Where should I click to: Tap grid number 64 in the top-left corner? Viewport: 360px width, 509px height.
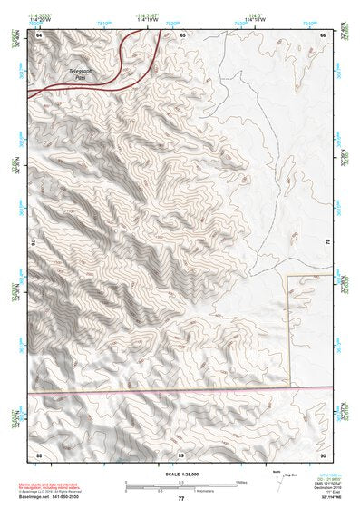coord(39,35)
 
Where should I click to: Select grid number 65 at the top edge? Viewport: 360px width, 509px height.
coord(182,35)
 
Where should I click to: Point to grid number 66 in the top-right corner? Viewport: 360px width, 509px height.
coord(323,35)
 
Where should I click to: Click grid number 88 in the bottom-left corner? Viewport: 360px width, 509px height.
coord(39,454)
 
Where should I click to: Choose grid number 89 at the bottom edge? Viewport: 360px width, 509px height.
coord(181,454)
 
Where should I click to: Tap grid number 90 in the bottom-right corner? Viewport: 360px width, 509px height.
coord(323,454)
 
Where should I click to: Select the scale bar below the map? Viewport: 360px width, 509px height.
coord(180,485)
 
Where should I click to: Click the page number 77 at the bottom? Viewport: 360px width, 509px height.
coord(180,499)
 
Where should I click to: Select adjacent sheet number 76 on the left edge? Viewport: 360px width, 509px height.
coord(31,242)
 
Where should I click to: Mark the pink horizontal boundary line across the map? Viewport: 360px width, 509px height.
coord(180,393)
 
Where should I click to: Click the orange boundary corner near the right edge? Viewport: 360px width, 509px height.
coord(288,276)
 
